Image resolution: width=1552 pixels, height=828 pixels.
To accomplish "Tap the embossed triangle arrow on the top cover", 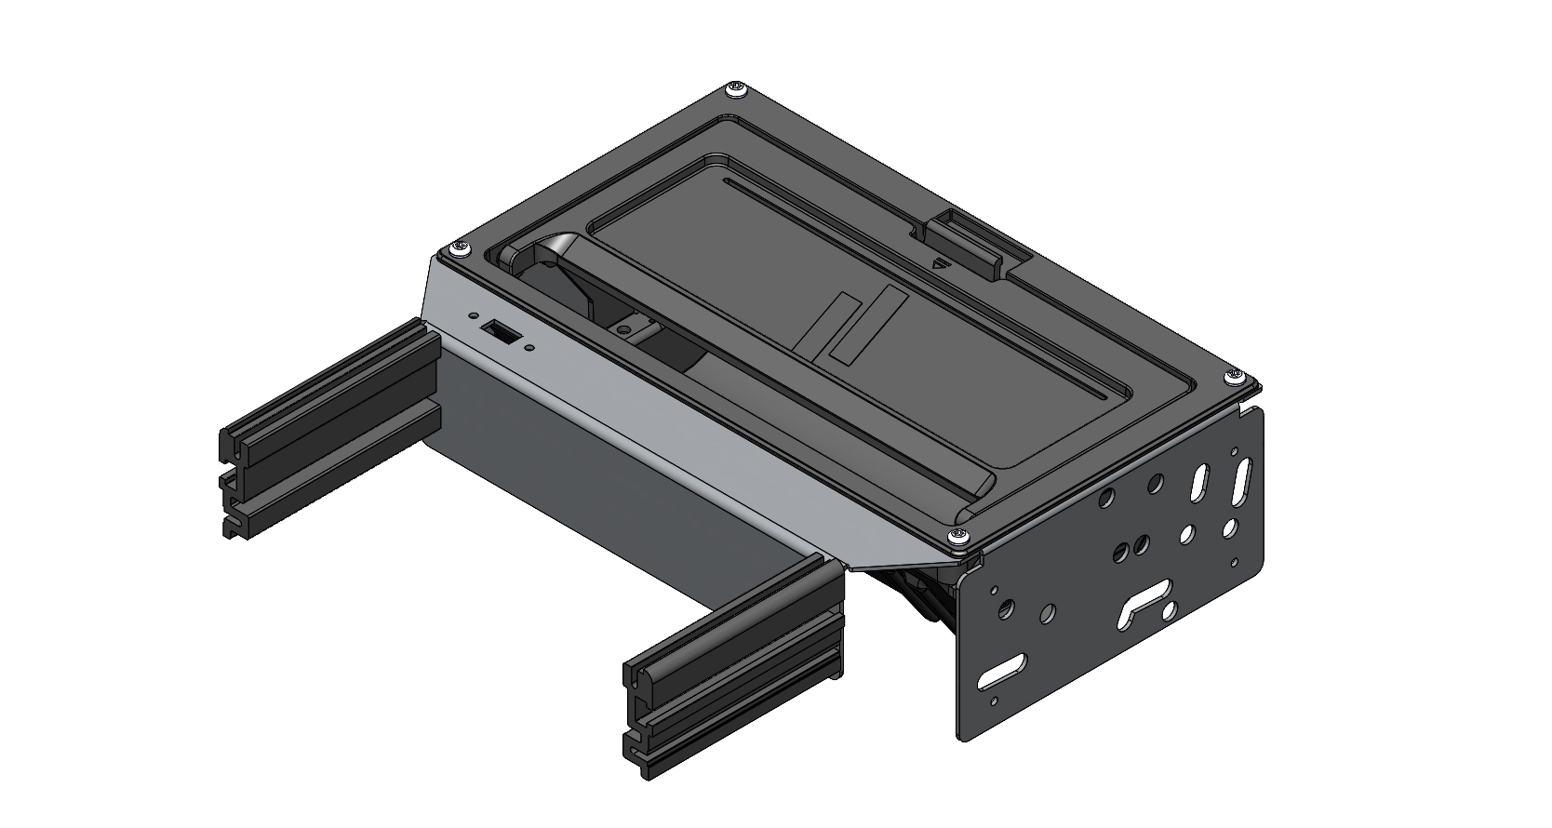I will (x=943, y=262).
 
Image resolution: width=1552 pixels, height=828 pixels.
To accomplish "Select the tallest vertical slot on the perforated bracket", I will (x=1244, y=479).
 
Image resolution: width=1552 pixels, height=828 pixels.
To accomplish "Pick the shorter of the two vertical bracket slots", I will (x=1199, y=484).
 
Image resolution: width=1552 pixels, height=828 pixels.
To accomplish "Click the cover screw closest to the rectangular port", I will (x=460, y=249).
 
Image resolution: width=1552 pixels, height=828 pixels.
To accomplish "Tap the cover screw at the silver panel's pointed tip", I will (x=957, y=537).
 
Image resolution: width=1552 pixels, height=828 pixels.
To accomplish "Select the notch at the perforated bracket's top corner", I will (x=1247, y=407).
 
